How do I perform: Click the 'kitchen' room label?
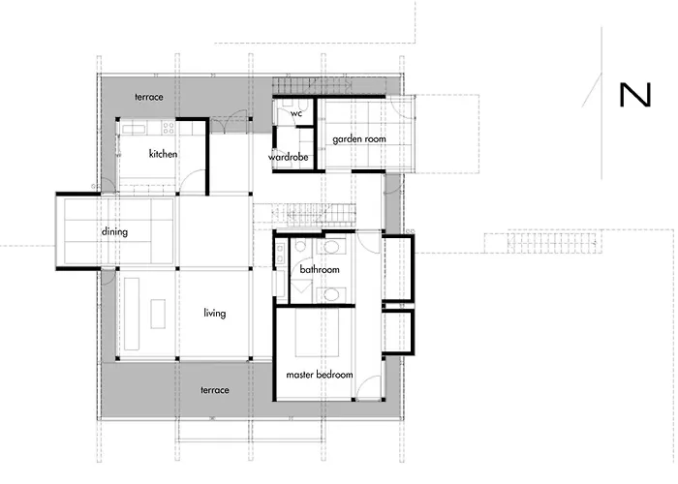click(163, 154)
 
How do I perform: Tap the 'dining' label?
click(114, 231)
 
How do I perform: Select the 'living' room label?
click(214, 313)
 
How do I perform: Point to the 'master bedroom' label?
click(320, 375)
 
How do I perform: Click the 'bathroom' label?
click(320, 269)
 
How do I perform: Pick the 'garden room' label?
click(359, 139)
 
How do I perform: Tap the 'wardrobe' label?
click(288, 157)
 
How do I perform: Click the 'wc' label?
click(296, 113)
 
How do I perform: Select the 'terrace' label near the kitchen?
click(149, 97)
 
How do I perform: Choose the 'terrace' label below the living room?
click(214, 390)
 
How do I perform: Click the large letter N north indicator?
click(635, 95)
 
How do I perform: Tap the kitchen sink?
click(134, 129)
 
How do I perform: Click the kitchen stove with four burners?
click(169, 128)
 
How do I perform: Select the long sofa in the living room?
click(132, 314)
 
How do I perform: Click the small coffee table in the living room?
click(158, 314)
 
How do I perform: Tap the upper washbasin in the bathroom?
click(331, 248)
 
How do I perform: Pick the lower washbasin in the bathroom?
click(331, 295)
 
